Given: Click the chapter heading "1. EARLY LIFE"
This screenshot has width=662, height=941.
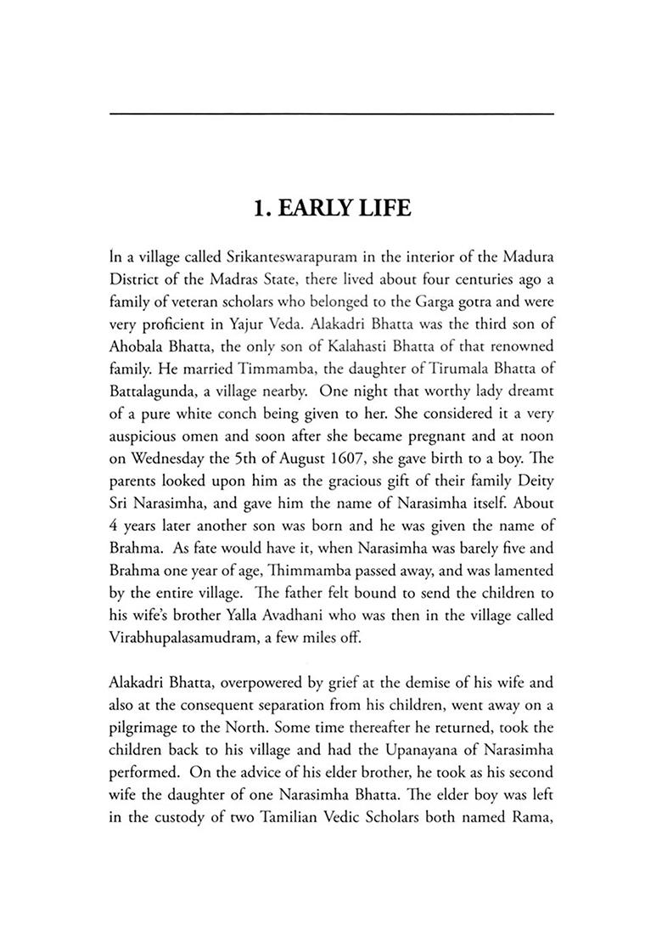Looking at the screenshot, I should (x=331, y=206).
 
